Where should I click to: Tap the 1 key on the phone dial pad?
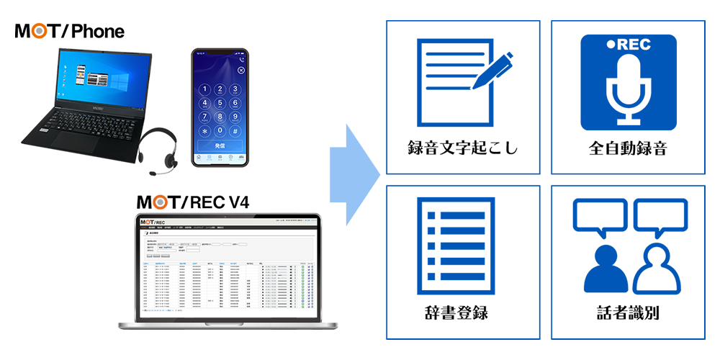[x=204, y=90]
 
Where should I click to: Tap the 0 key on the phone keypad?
[x=220, y=131]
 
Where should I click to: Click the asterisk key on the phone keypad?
[x=204, y=131]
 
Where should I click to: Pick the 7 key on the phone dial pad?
[x=204, y=117]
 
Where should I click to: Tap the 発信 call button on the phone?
[x=220, y=146]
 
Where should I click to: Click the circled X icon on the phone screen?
[x=240, y=71]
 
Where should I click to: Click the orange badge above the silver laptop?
[x=162, y=197]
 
